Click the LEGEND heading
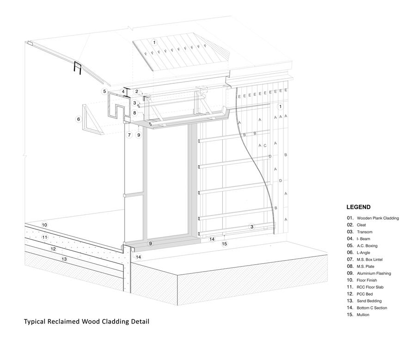[x=358, y=207]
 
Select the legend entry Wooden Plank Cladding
[x=377, y=218]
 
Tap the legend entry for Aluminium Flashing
[x=373, y=273]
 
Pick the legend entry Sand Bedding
[x=369, y=301]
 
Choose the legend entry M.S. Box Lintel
[x=369, y=260]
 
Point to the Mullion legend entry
[x=363, y=315]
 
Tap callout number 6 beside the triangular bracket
[x=78, y=119]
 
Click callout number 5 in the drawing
[x=104, y=91]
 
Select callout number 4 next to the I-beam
[x=123, y=92]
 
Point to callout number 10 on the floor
[x=44, y=225]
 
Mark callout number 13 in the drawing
[x=64, y=259]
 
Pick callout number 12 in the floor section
[x=53, y=249]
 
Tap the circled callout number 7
[x=129, y=135]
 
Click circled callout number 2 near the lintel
[x=137, y=91]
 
